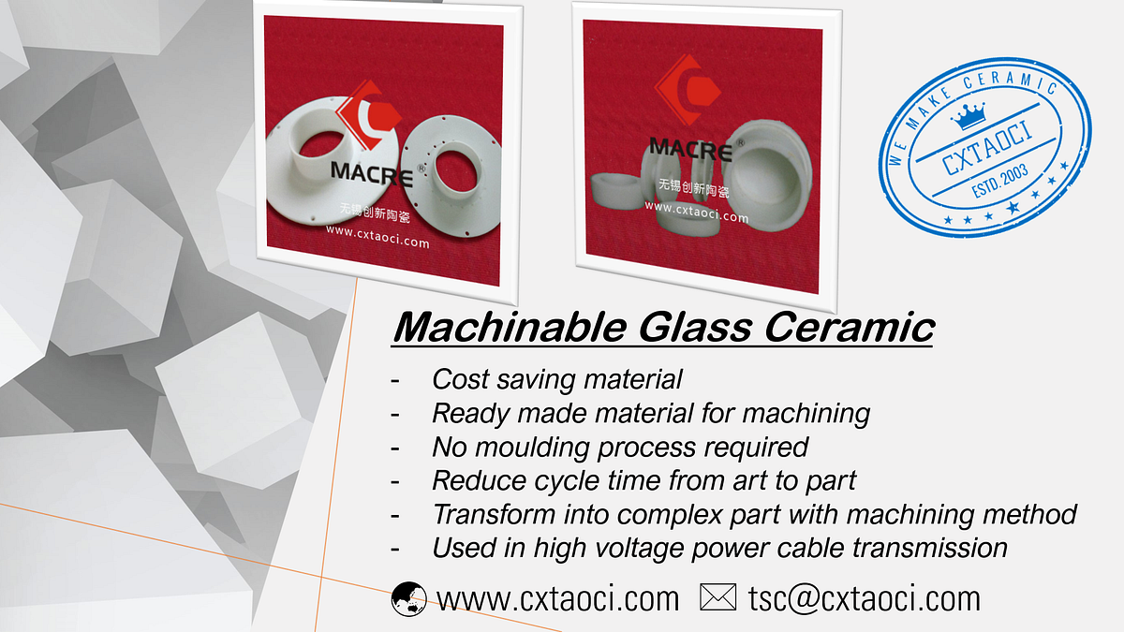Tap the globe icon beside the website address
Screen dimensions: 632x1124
point(408,597)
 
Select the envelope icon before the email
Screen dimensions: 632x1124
point(717,597)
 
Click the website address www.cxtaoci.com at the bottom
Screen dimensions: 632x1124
point(558,597)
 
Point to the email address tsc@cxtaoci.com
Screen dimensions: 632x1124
point(864,597)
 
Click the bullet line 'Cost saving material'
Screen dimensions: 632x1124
point(556,379)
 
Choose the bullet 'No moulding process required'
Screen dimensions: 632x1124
point(620,447)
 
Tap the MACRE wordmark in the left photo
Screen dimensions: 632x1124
point(371,172)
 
